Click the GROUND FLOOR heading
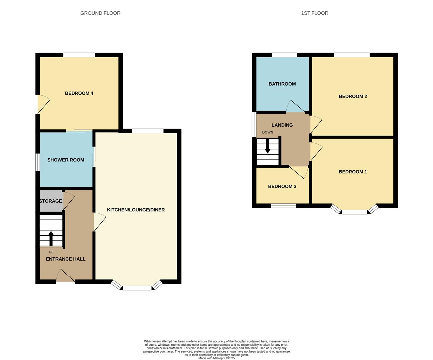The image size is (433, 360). [x=100, y=13]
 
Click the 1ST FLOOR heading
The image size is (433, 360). [x=315, y=13]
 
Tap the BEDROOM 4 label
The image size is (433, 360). [x=79, y=93]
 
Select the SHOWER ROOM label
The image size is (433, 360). [x=66, y=160]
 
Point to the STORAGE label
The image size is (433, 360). [x=51, y=201]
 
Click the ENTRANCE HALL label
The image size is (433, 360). [x=66, y=259]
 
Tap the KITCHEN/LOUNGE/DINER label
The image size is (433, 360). [x=136, y=210]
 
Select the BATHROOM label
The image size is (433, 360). [x=282, y=84]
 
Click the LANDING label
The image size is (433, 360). [x=282, y=125]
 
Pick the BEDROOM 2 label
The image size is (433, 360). [x=353, y=96]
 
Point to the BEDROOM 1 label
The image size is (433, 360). [x=353, y=172]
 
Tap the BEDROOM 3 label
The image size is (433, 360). [x=282, y=186]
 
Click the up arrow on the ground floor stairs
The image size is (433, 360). [x=51, y=238]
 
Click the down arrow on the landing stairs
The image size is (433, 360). [x=268, y=147]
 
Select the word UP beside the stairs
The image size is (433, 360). [x=51, y=252]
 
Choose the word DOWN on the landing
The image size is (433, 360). [x=268, y=132]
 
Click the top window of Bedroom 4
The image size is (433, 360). [x=79, y=55]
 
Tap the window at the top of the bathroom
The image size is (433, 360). [x=284, y=55]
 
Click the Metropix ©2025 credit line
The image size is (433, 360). [x=217, y=358]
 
